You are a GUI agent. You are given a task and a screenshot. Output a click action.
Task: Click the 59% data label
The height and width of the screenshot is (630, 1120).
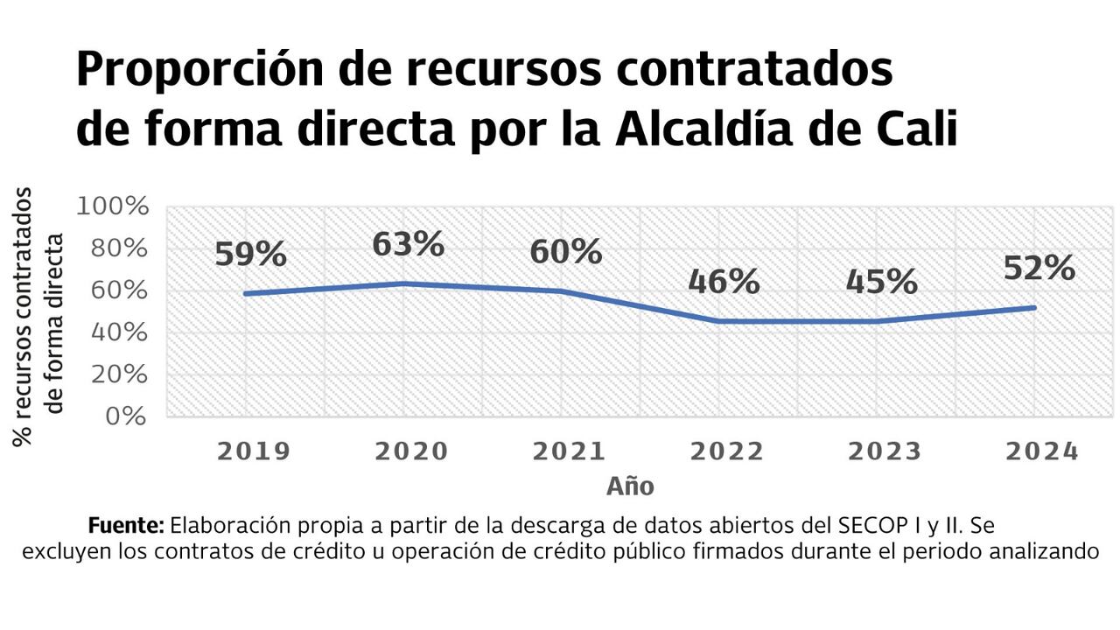click(x=250, y=254)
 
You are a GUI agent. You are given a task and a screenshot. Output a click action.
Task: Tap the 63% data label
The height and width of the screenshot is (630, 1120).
click(x=408, y=244)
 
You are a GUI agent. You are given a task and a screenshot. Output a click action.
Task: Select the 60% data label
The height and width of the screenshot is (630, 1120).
click(x=566, y=252)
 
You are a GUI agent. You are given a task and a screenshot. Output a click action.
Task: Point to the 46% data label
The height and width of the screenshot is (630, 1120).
click(x=724, y=282)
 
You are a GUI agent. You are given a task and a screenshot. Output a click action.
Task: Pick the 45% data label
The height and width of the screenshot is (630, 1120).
click(x=881, y=282)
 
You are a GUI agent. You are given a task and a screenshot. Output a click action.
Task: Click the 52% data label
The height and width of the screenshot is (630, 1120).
click(x=1039, y=268)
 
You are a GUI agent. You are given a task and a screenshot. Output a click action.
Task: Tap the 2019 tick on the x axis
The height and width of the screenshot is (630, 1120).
click(x=253, y=451)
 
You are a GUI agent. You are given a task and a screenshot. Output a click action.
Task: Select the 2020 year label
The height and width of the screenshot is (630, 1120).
click(x=411, y=451)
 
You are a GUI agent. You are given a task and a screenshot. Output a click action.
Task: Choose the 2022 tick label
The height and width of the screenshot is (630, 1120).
click(x=726, y=451)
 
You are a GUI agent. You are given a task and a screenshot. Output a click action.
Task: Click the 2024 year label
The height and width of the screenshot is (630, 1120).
click(x=1041, y=451)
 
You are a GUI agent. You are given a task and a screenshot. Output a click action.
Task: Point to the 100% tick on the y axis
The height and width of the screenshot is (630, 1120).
click(x=114, y=207)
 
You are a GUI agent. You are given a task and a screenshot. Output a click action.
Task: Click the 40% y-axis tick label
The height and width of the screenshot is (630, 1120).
click(x=119, y=333)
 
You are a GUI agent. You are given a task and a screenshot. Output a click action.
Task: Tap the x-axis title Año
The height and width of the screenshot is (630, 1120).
click(x=630, y=486)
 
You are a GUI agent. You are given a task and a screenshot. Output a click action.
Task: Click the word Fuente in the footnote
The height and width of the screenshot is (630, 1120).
click(x=127, y=527)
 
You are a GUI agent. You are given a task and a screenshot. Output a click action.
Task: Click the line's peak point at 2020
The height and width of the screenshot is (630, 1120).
click(x=403, y=283)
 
